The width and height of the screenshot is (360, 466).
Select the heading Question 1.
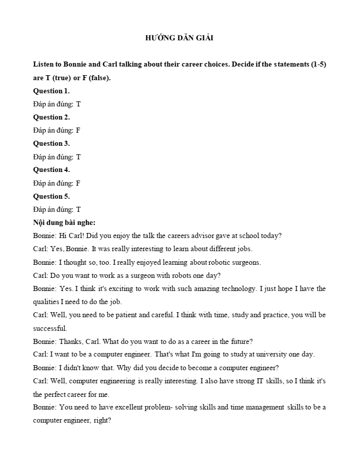coord(51,91)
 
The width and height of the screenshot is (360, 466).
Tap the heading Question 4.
coord(51,169)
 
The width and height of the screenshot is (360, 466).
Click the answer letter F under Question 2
coord(78,130)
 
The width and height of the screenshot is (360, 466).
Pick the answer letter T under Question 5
coord(78,209)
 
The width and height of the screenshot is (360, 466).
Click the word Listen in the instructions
coord(43,65)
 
